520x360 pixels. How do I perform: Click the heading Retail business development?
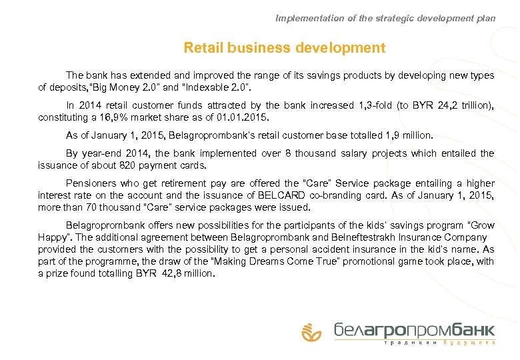pyautogui.click(x=284, y=48)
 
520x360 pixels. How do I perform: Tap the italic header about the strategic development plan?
pyautogui.click(x=385, y=19)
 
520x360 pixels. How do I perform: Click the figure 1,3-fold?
pyautogui.click(x=365, y=105)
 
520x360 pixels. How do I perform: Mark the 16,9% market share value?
pyautogui.click(x=113, y=117)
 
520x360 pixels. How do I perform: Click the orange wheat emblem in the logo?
pyautogui.click(x=311, y=331)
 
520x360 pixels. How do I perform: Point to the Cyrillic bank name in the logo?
pyautogui.click(x=414, y=329)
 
